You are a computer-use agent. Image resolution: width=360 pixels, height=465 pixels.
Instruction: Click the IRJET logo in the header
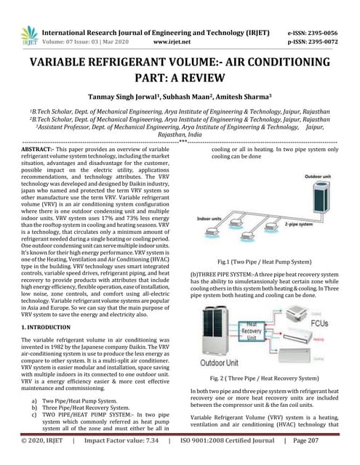point(28,36)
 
